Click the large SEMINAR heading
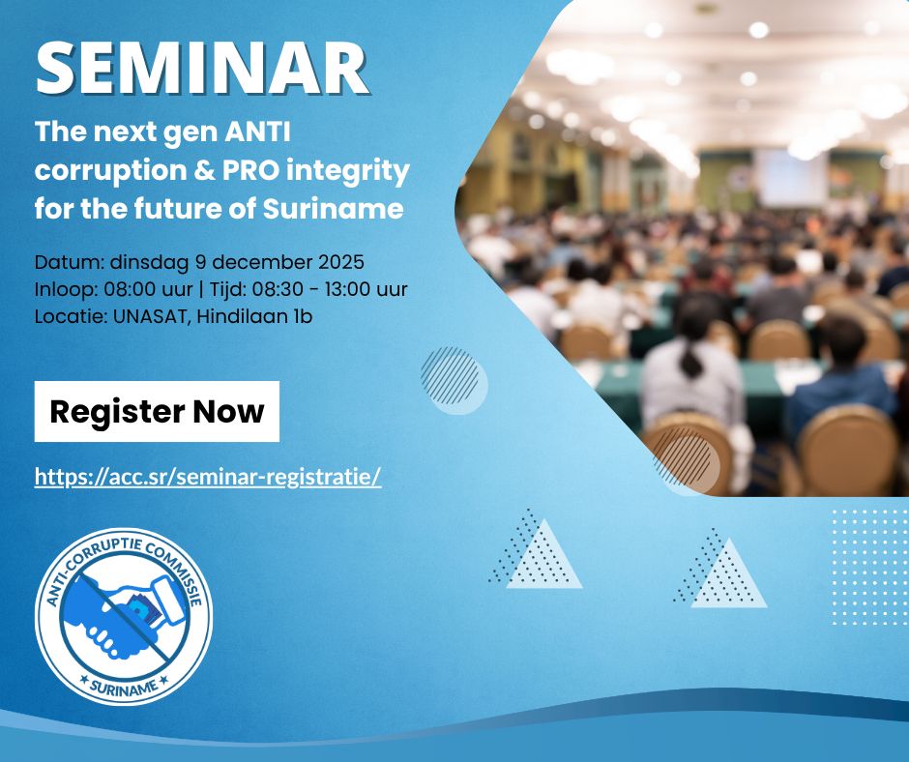click(x=202, y=68)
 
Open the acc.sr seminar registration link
click(x=208, y=476)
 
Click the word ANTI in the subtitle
click(x=257, y=132)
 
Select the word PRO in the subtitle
click(x=252, y=170)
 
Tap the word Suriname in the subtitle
click(x=333, y=208)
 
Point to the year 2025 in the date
click(x=340, y=261)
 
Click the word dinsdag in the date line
click(x=149, y=263)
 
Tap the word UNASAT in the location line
click(x=152, y=316)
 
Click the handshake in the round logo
click(x=125, y=616)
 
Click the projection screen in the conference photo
click(x=791, y=178)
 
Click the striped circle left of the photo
click(x=454, y=380)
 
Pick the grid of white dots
click(x=870, y=568)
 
